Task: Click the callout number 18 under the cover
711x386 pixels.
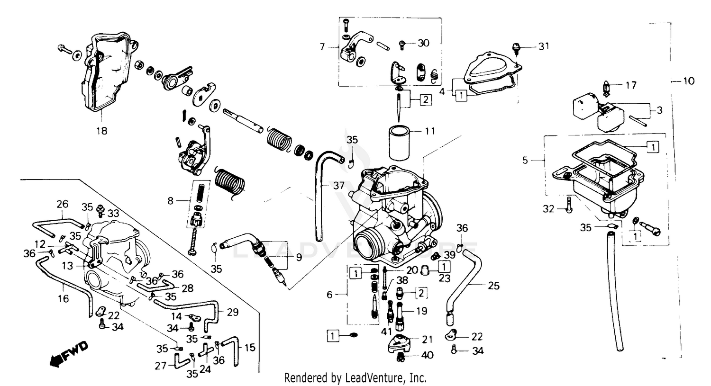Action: pyautogui.click(x=102, y=131)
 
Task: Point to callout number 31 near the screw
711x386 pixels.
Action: pyautogui.click(x=543, y=46)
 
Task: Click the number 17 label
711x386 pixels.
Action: pyautogui.click(x=630, y=86)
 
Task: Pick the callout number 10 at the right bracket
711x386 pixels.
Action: pyautogui.click(x=688, y=81)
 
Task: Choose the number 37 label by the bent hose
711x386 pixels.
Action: pyautogui.click(x=338, y=186)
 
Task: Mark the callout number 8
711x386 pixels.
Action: pyautogui.click(x=171, y=201)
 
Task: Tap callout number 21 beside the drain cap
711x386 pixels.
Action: pyautogui.click(x=428, y=339)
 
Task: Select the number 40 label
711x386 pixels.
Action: pyautogui.click(x=427, y=355)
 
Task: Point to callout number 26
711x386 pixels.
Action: pyautogui.click(x=63, y=205)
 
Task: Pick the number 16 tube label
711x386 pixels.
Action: pyautogui.click(x=63, y=298)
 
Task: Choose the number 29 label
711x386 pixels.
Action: pyautogui.click(x=233, y=312)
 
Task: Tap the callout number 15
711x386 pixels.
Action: pyautogui.click(x=249, y=347)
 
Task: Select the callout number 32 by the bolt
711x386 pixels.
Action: pyautogui.click(x=548, y=208)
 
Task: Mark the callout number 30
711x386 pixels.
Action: pyautogui.click(x=423, y=43)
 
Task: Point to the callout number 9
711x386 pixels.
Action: pyautogui.click(x=298, y=258)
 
